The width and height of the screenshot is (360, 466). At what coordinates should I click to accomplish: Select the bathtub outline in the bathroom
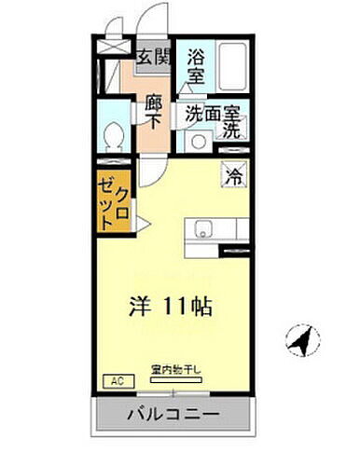(231, 66)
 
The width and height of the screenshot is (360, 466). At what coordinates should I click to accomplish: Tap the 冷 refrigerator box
(234, 174)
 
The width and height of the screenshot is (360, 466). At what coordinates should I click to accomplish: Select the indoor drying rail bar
(175, 380)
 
